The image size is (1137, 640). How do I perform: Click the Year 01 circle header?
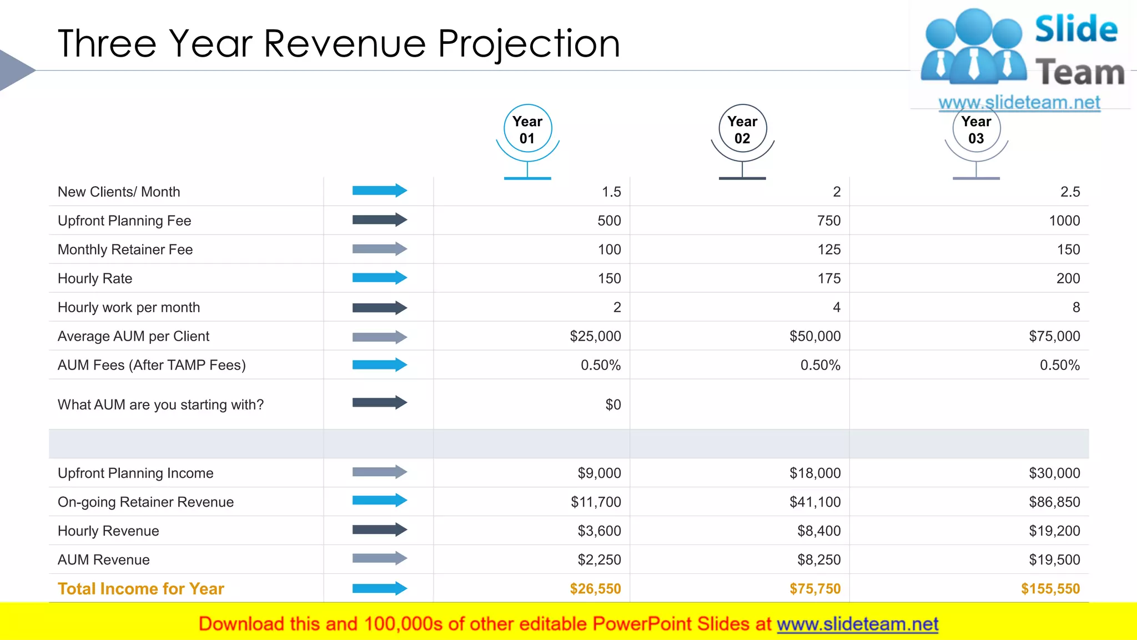tap(527, 129)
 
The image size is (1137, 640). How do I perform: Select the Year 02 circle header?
tap(742, 129)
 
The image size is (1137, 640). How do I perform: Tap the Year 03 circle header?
tap(976, 129)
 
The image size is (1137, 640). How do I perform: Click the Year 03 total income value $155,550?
tap(1050, 589)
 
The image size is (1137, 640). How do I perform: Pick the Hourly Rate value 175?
tap(829, 278)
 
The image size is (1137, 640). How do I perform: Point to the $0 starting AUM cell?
tap(613, 404)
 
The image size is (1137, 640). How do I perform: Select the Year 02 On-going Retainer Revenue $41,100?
tap(815, 502)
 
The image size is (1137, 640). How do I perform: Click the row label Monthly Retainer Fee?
tap(125, 249)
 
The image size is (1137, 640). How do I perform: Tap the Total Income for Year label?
tap(141, 589)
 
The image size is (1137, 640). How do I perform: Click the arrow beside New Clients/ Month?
tap(379, 191)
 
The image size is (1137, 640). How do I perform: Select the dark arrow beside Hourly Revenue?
tap(379, 529)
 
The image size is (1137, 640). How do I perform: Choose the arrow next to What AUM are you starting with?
tap(379, 402)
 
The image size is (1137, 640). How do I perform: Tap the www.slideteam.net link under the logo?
tap(1019, 102)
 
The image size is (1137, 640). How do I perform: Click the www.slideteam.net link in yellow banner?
tap(857, 624)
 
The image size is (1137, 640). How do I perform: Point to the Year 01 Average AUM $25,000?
tap(595, 336)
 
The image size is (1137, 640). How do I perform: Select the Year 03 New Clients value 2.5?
tap(1070, 192)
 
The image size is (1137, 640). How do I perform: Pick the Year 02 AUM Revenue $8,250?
tap(819, 560)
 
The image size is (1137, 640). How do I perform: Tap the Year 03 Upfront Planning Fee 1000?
tap(1064, 221)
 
